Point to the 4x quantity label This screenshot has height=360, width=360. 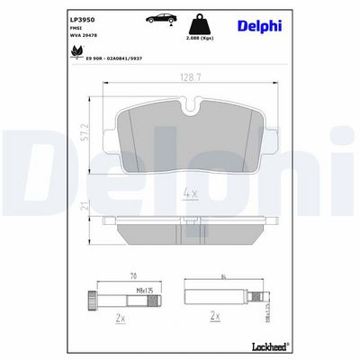point(191,193)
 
